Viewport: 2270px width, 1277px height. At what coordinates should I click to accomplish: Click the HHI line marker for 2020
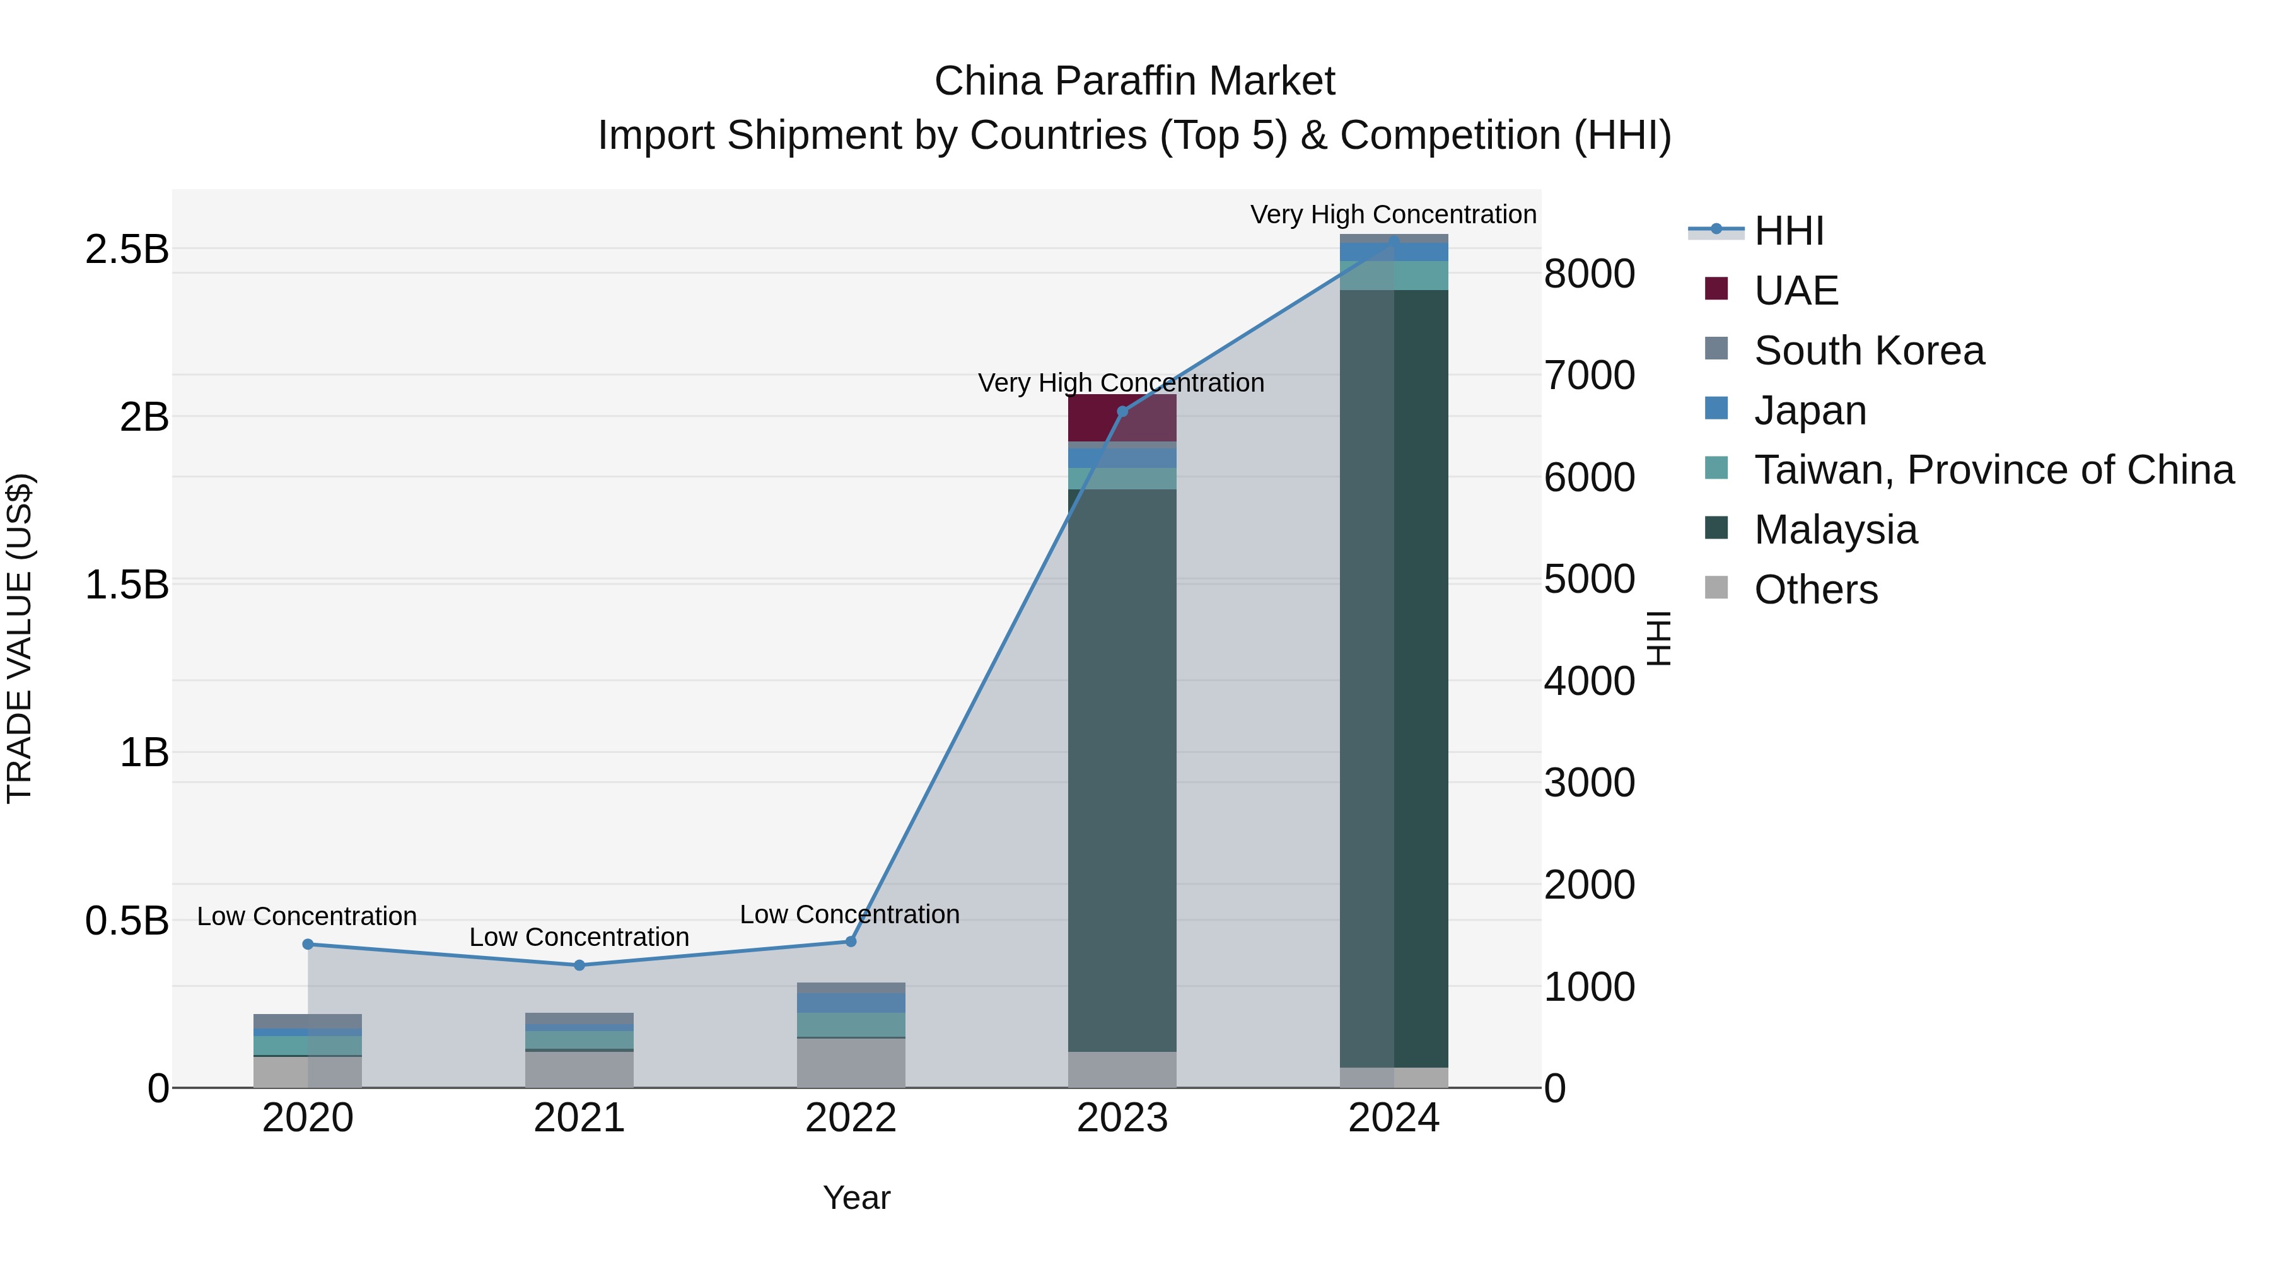click(308, 944)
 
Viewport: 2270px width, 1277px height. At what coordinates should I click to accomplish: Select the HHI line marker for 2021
click(579, 965)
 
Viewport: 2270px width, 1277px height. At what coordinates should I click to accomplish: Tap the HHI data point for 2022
click(851, 942)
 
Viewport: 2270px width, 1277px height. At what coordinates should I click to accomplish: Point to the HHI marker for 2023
click(1122, 412)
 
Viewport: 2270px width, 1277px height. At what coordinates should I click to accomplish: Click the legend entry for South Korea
click(1868, 351)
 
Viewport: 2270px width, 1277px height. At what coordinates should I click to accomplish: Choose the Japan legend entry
click(1809, 411)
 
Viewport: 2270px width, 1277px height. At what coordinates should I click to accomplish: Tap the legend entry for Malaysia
click(1835, 530)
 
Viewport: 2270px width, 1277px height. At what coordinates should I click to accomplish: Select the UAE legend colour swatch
click(1716, 289)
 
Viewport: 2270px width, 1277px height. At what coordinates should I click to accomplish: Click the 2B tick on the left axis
click(144, 417)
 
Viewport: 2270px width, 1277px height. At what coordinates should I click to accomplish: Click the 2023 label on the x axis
click(1122, 1118)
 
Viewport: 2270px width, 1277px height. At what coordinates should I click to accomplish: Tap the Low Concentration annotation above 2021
click(579, 937)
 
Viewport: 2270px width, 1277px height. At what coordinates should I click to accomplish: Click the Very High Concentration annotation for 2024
click(1393, 214)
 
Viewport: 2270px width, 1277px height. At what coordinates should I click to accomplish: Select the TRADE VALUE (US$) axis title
click(20, 638)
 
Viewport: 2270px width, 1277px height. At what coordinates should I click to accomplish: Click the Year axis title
click(856, 1198)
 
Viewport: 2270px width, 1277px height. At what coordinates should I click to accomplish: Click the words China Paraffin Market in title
click(1134, 81)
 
